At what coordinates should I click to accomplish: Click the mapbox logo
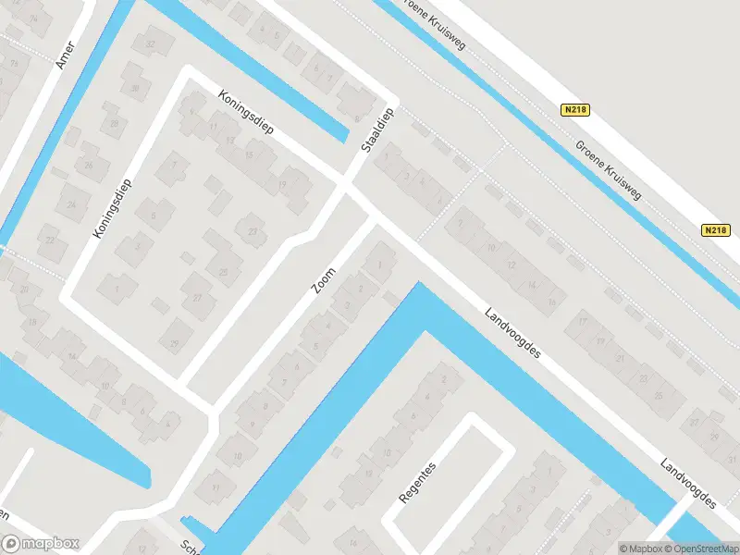click(41, 544)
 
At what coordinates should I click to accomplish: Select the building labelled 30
click(136, 88)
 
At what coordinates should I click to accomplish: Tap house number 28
click(115, 123)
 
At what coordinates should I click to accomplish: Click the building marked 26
click(90, 165)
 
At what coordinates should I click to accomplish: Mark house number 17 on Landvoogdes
click(583, 321)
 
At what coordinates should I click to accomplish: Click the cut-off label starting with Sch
click(191, 545)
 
